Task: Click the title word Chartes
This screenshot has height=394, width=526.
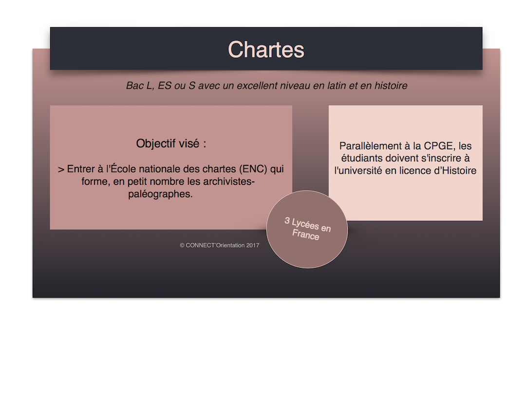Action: click(266, 50)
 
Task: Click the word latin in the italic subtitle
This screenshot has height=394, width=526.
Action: click(336, 86)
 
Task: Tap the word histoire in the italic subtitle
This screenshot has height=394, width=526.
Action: click(391, 86)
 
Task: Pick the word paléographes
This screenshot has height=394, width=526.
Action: click(160, 194)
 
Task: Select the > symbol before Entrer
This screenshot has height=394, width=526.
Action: click(61, 170)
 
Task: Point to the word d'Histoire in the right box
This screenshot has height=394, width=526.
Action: click(455, 171)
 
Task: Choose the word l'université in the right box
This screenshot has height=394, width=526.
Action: click(358, 171)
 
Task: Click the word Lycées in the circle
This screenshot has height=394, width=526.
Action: click(305, 224)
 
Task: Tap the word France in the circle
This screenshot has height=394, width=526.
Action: click(305, 234)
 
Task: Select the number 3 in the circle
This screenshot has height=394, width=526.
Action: click(287, 220)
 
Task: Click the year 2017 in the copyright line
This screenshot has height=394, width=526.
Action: click(253, 245)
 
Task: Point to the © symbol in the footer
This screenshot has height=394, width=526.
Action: click(182, 245)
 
